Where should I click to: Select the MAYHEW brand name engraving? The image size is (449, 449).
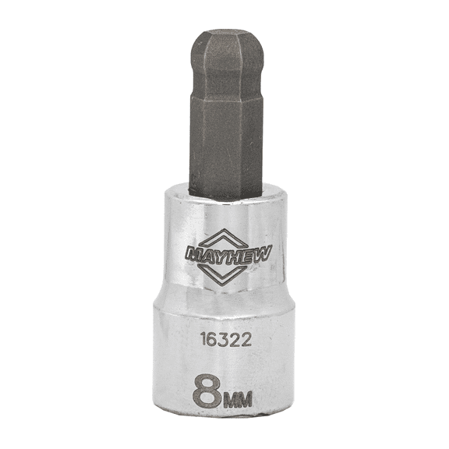pos(224,253)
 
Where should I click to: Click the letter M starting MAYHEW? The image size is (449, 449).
pos(193,253)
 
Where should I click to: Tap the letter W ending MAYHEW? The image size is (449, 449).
pos(256,253)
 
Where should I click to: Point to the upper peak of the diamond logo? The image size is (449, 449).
pos(224,232)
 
